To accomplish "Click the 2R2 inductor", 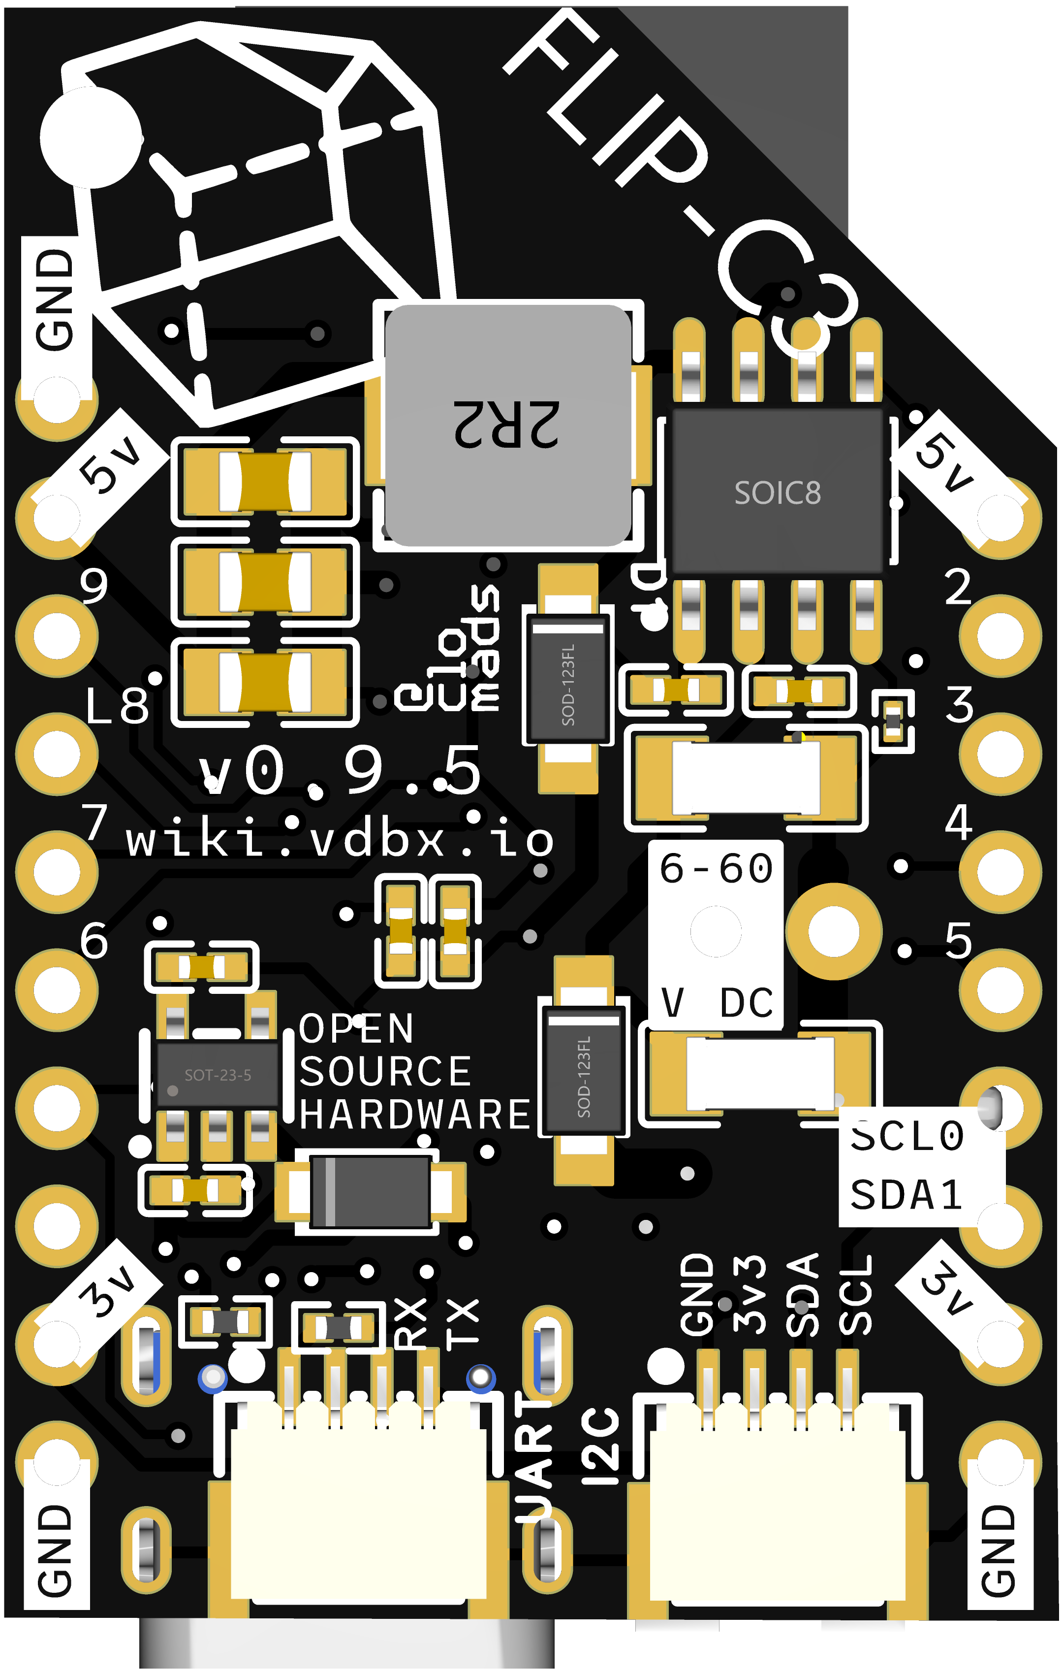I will click(507, 425).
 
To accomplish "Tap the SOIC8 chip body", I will click(777, 492).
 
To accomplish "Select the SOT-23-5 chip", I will click(218, 1075).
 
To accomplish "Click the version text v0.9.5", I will click(341, 771).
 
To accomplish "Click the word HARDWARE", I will click(415, 1115).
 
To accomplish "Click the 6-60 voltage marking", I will click(716, 868).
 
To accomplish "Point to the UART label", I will click(534, 1454).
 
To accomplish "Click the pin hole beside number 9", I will click(57, 636).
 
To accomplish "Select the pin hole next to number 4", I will click(1000, 872).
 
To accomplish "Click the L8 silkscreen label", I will click(117, 706).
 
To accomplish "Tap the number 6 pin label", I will click(94, 941).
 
